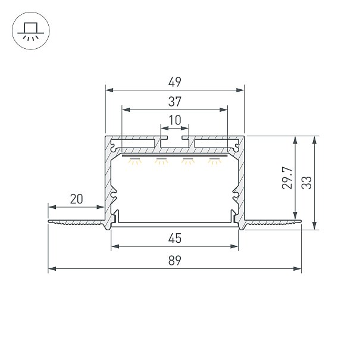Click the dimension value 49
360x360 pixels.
[175, 82]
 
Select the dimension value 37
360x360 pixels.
[175, 102]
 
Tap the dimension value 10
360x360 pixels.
[175, 120]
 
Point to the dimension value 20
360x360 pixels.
[76, 199]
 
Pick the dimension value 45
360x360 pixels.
[175, 239]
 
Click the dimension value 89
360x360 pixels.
[175, 261]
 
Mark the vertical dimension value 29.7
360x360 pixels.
[287, 178]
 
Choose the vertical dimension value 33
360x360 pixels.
[306, 183]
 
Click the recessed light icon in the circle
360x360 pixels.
[31, 32]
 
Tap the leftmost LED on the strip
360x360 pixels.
[135, 161]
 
